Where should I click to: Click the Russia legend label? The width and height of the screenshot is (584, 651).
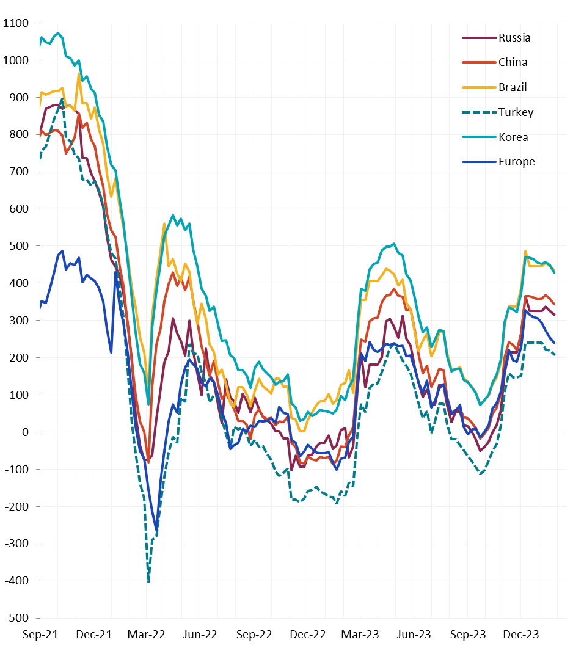tap(514, 38)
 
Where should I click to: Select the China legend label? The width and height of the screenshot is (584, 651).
tap(513, 62)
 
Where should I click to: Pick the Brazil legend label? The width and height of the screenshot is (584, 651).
tap(513, 87)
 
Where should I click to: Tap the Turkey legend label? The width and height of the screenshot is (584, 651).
tap(516, 112)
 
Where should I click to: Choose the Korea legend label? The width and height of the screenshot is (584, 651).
tap(513, 137)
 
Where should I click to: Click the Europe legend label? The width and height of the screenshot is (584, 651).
tap(516, 162)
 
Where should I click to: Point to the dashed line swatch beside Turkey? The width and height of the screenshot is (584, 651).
tap(477, 112)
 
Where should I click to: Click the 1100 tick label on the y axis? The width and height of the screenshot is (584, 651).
tap(16, 23)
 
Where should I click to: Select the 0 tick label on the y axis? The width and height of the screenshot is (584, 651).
tap(26, 432)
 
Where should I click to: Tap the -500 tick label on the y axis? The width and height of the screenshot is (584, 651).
tap(16, 618)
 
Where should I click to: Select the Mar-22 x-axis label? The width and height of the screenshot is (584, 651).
tap(147, 635)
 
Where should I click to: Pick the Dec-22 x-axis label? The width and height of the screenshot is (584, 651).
tap(308, 635)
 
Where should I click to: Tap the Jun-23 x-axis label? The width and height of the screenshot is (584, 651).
tap(414, 635)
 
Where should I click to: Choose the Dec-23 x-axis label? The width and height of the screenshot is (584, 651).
tap(521, 635)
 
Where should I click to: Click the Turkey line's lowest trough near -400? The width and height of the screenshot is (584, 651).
tap(148, 581)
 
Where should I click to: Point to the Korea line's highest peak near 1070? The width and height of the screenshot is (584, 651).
tap(58, 33)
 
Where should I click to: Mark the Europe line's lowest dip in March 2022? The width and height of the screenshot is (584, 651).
tap(156, 526)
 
